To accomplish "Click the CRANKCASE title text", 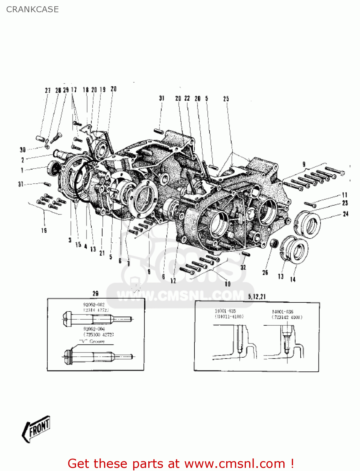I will pyautogui.click(x=32, y=9).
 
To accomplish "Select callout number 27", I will pyautogui.click(x=48, y=90).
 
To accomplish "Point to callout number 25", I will pyautogui.click(x=226, y=99).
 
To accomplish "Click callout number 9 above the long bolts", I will pyautogui.click(x=304, y=164).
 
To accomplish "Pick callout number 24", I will pyautogui.click(x=346, y=214).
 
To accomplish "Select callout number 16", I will pyautogui.click(x=44, y=230).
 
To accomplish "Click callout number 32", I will pyautogui.click(x=243, y=268).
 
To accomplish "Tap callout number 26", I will pyautogui.click(x=265, y=273).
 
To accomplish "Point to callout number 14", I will pyautogui.click(x=293, y=279).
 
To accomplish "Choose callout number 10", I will pyautogui.click(x=227, y=284).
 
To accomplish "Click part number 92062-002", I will pyautogui.click(x=94, y=305).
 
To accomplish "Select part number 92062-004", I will pyautogui.click(x=94, y=329).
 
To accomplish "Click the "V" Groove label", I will pyautogui.click(x=92, y=341).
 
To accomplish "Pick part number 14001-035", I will pyautogui.click(x=225, y=311).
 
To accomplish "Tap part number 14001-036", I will pyautogui.click(x=282, y=312).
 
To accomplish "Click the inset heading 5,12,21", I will pyautogui.click(x=257, y=297).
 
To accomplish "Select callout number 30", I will pyautogui.click(x=23, y=150).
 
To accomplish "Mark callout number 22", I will pyautogui.click(x=187, y=99).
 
